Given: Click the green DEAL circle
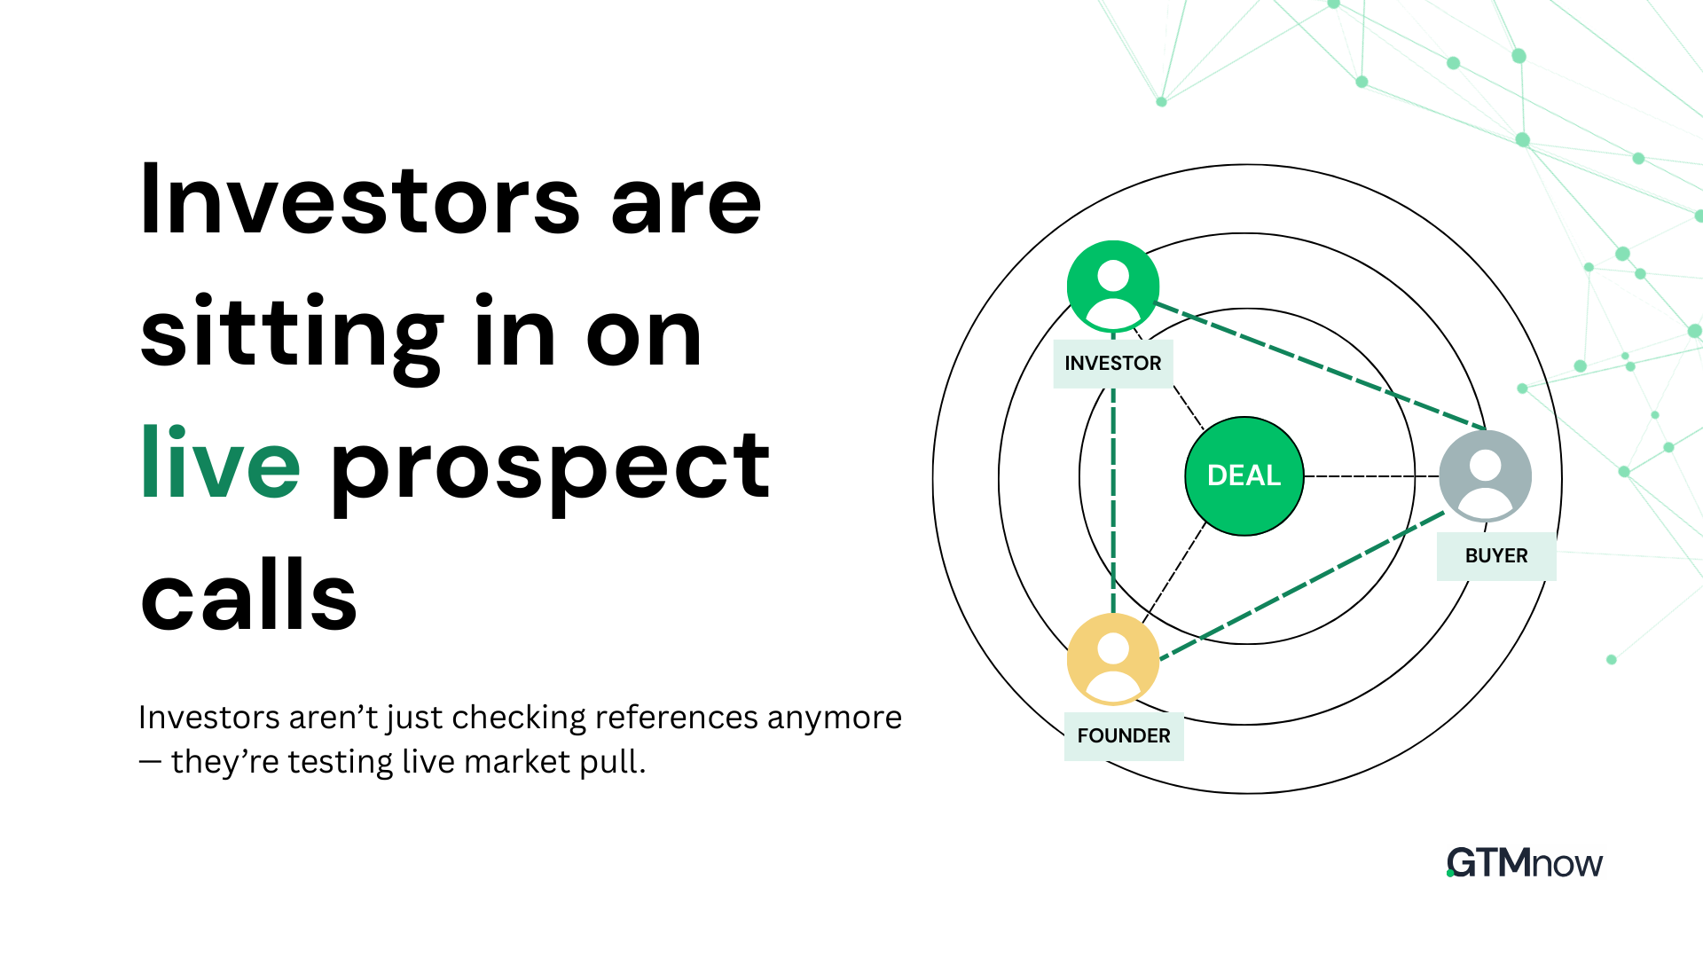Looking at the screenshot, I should point(1244,476).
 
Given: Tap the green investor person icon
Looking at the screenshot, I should point(1112,287).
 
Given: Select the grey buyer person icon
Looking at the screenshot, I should point(1485,476).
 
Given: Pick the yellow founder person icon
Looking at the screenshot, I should point(1112,659).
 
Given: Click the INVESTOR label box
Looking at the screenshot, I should point(1112,364).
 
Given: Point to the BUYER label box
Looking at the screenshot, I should point(1495,556).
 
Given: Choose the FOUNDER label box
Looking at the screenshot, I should point(1123,736).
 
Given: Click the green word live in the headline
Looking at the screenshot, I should point(220,464).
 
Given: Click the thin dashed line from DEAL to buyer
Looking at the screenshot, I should point(1370,476).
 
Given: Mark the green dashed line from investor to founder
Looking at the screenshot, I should point(1113,497).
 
